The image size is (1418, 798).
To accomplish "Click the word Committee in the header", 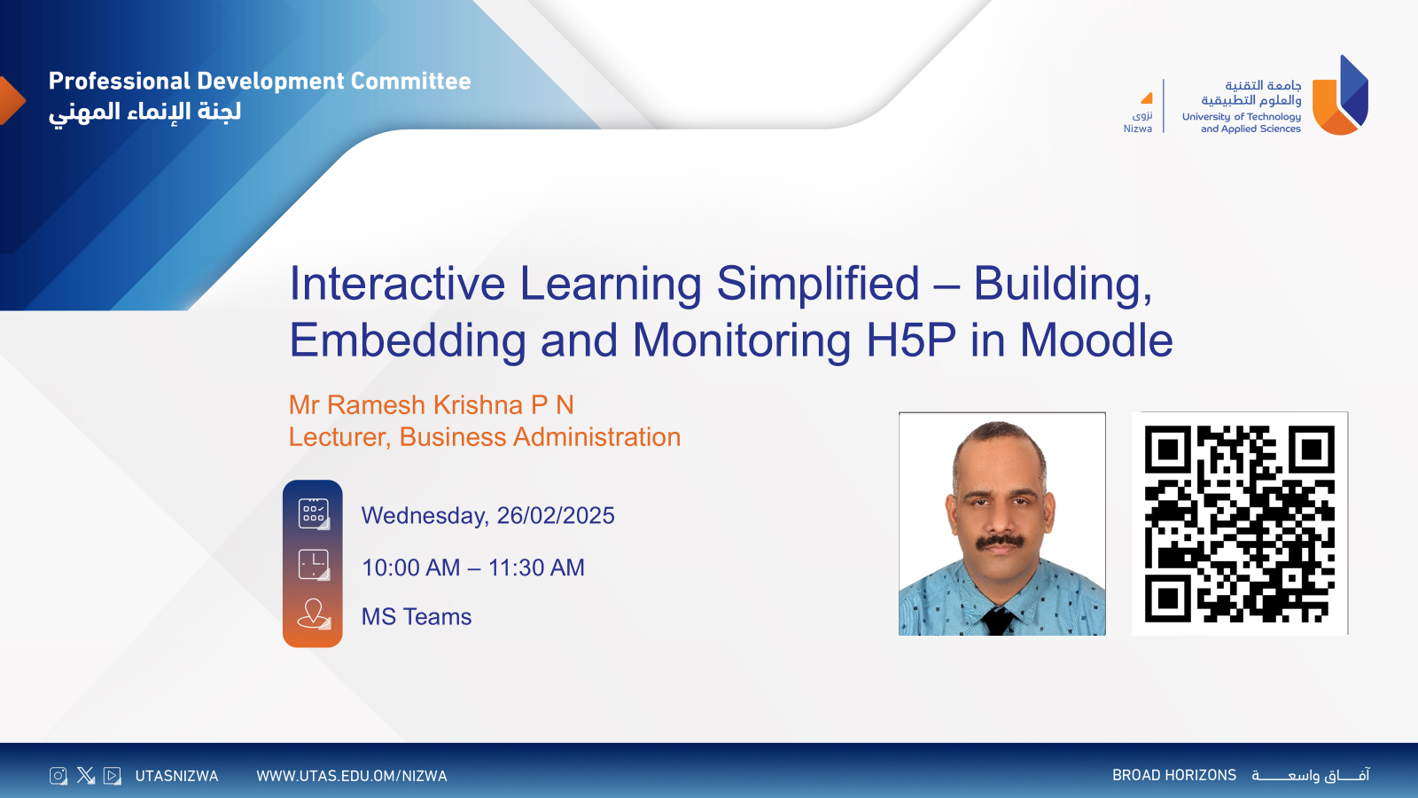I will coord(410,81).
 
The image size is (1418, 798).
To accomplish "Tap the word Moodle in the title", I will coord(1096,340).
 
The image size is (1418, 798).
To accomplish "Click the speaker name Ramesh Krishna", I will coord(425,405).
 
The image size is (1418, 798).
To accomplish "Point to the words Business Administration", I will coord(540,437).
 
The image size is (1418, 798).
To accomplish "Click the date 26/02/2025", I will coord(556,515).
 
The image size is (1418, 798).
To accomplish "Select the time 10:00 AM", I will coord(411,567).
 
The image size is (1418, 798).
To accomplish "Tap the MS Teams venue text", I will coord(417,616).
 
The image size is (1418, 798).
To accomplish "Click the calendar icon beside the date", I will coord(314,513).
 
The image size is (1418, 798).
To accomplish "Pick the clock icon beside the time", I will coord(314,564).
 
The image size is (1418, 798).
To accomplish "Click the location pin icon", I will coord(314,613).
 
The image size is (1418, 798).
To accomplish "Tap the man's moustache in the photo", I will coord(1000,540).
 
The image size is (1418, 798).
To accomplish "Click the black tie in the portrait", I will coord(998,621).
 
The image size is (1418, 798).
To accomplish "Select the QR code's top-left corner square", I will coord(1167,450).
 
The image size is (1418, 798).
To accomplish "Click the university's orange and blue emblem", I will coord(1340,96).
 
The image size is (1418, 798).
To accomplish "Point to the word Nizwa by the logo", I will coord(1138,129).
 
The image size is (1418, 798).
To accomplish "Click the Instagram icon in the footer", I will coord(58,776).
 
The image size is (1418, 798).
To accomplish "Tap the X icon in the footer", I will coord(85,776).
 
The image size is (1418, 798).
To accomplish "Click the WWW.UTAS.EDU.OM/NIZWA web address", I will coord(352,776).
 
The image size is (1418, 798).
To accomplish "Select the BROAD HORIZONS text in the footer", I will coord(1173,775).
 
